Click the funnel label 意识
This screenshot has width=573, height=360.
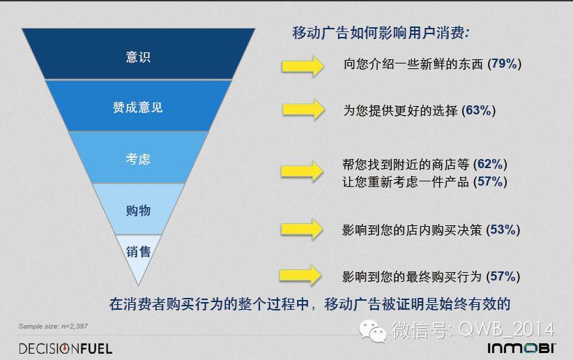tap(138, 57)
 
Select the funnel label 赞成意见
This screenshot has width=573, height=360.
tap(138, 107)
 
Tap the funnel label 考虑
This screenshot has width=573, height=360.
tap(138, 159)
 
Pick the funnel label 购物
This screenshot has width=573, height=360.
tap(138, 211)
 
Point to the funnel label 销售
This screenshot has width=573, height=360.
tap(138, 252)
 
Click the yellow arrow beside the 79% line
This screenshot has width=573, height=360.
tap(303, 66)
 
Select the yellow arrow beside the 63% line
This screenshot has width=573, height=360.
tap(303, 110)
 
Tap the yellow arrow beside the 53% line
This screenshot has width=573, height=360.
tap(302, 230)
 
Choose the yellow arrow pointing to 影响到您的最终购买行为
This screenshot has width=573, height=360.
tap(300, 275)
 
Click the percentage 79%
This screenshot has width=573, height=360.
tap(504, 63)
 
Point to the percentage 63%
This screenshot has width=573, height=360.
tap(478, 110)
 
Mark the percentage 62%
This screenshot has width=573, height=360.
tap(490, 164)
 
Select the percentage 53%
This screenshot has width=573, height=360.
tap(503, 230)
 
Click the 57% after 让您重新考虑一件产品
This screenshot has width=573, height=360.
tap(490, 181)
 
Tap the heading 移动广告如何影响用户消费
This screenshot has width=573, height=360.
tap(381, 33)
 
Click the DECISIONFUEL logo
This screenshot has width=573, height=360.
tap(66, 348)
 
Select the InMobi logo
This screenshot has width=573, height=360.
tap(521, 348)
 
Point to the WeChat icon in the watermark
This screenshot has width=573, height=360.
tap(373, 331)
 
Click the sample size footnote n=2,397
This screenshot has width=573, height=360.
tap(53, 326)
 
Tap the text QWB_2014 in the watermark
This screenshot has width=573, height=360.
tap(506, 329)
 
